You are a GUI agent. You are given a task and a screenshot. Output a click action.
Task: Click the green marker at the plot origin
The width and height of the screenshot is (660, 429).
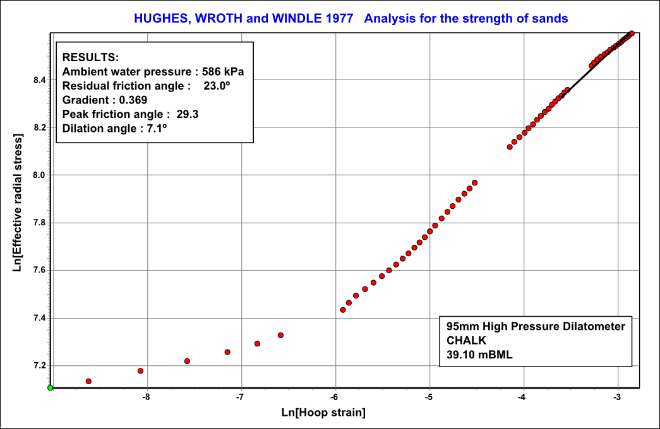(51, 387)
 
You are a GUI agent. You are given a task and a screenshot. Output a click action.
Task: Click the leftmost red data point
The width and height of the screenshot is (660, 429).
(88, 381)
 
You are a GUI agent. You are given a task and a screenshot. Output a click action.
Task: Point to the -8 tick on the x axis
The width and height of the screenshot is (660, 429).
(147, 389)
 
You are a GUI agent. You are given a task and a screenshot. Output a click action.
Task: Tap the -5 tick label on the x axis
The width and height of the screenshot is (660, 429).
(429, 398)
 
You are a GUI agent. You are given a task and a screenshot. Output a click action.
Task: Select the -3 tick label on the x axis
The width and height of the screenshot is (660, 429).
(617, 398)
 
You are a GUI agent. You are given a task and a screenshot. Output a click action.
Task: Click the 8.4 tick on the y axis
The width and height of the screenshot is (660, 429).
(51, 80)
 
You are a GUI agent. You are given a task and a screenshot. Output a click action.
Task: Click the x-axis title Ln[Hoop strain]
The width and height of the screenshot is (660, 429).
(323, 413)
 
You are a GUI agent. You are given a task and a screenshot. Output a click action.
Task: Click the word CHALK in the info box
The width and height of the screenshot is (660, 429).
(464, 340)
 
